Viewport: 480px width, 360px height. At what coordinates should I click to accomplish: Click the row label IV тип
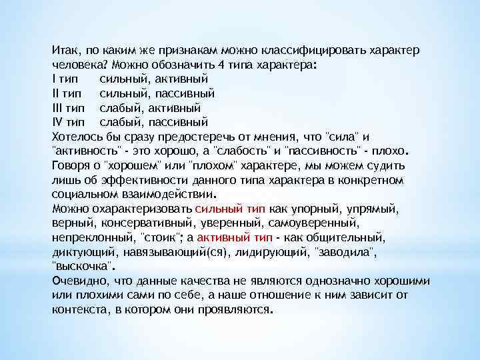(68, 123)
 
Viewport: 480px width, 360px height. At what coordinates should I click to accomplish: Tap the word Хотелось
(75, 135)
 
